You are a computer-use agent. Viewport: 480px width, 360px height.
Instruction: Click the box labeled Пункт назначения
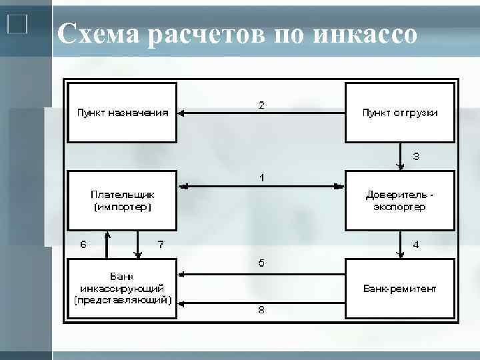point(122,112)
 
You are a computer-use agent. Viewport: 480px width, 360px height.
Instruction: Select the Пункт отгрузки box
point(399,112)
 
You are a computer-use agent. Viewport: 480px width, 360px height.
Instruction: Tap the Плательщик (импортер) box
point(122,200)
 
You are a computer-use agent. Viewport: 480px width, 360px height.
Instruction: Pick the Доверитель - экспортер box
point(399,200)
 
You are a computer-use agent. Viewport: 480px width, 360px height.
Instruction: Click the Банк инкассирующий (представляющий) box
point(122,288)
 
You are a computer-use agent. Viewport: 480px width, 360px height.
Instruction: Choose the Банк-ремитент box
point(399,288)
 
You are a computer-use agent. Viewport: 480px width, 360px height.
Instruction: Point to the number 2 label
point(261,105)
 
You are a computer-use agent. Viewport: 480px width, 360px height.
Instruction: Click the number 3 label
point(416,157)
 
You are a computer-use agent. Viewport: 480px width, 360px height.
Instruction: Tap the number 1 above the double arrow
point(262,178)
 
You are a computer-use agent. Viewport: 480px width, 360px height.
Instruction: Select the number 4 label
point(416,245)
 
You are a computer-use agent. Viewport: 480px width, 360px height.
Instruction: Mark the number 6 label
point(83,244)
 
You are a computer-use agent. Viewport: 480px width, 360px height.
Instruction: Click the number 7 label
point(160,244)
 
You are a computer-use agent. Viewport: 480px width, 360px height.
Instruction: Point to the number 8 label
point(261,309)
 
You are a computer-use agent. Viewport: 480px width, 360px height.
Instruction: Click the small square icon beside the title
point(17,25)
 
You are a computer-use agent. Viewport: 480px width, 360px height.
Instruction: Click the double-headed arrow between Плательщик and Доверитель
point(261,187)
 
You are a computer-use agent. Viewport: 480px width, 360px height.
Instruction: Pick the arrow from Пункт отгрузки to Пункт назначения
point(261,113)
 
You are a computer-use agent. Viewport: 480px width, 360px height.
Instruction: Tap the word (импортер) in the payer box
point(122,207)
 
